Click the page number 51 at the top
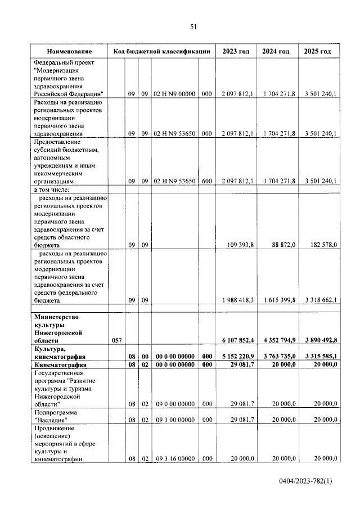(193, 26)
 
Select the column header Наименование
(69, 52)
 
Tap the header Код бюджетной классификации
(161, 52)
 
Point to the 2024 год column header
(276, 52)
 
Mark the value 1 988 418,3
(237, 300)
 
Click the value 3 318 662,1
(318, 300)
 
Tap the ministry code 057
(116, 341)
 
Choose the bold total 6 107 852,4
(237, 341)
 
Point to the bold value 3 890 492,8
(318, 341)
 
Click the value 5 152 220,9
(237, 357)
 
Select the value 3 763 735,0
(278, 357)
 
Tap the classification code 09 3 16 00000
(174, 459)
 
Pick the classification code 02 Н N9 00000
(174, 94)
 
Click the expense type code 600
(206, 181)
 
